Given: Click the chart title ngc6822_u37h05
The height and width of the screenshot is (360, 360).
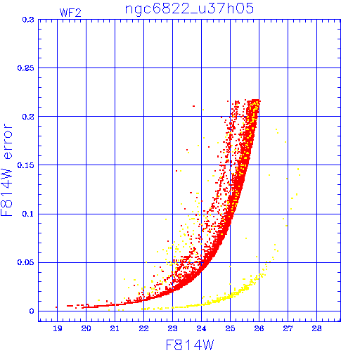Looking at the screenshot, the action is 189,9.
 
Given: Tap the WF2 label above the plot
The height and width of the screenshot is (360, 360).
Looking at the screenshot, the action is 70,13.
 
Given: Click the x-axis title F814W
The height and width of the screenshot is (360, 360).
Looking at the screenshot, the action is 190,345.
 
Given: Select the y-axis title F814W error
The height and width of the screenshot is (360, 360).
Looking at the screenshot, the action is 6,170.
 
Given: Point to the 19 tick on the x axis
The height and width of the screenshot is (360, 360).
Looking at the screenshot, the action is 58,328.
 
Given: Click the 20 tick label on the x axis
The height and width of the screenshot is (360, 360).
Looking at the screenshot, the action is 86,328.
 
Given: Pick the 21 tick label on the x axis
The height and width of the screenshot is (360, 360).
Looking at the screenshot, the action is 115,328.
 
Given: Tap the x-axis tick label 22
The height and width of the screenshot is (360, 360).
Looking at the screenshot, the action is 143,328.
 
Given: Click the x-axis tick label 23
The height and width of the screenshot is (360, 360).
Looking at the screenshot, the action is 172,328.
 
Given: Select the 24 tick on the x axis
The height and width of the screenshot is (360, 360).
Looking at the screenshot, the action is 201,328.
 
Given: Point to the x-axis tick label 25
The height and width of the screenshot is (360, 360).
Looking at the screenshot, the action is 230,328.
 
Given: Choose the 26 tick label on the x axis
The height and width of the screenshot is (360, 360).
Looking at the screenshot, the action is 259,328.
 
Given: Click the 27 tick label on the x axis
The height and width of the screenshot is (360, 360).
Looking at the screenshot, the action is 288,328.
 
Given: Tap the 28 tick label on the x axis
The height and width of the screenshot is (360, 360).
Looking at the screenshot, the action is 316,328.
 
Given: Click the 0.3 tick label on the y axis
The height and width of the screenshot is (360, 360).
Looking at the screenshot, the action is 28,20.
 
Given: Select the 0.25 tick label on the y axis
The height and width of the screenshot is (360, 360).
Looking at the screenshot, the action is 26,68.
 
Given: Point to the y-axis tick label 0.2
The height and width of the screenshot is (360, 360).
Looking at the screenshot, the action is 28,117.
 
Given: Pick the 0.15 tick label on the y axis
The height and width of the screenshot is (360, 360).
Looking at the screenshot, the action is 26,165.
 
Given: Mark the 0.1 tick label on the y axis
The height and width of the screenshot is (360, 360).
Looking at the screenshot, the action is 28,214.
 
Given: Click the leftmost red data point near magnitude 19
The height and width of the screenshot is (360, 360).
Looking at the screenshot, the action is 56,307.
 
